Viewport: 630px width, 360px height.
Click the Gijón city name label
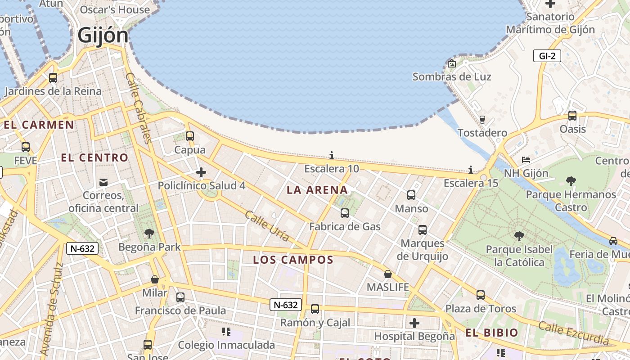coord(103,35)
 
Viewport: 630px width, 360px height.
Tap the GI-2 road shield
coord(547,56)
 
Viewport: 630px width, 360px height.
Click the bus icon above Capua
coord(190,136)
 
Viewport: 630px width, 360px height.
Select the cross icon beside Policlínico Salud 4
coord(201,172)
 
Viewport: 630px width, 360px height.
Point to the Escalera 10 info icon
coord(332,155)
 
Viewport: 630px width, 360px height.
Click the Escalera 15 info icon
coord(471,170)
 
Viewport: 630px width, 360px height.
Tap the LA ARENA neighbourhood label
coord(317,190)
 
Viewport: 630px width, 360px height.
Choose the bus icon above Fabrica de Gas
coord(345,213)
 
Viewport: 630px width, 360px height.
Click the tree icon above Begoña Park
coord(149,233)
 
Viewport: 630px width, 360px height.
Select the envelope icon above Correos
coord(103,182)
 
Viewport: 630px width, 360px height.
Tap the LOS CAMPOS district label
coord(293,260)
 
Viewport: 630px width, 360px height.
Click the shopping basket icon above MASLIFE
coord(388,274)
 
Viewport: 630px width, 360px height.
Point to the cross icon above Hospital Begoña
coord(414,323)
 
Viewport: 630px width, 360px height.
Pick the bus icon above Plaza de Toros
coord(481,295)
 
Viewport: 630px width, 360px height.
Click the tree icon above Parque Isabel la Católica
coord(519,236)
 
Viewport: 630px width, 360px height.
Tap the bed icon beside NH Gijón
coord(526,160)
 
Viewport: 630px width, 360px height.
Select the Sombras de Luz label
coord(452,76)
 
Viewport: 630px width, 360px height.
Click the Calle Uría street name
coord(267,226)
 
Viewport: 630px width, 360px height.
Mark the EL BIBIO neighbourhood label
coord(492,333)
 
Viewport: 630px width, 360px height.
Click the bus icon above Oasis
coord(572,116)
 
